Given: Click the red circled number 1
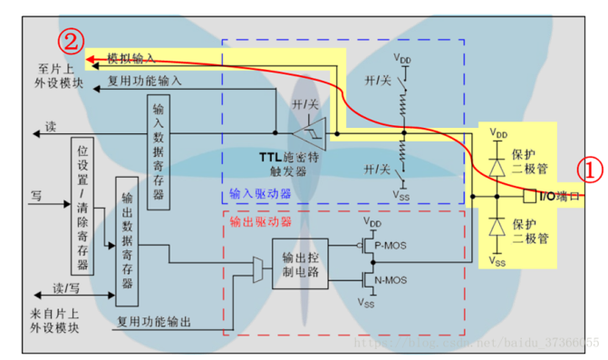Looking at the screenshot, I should pyautogui.click(x=589, y=170).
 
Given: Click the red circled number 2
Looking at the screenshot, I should pyautogui.click(x=72, y=40).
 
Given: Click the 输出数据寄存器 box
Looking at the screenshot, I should pyautogui.click(x=125, y=241).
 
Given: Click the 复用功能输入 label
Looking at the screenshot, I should pyautogui.click(x=145, y=80).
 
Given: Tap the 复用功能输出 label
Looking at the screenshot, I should pyautogui.click(x=153, y=320).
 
